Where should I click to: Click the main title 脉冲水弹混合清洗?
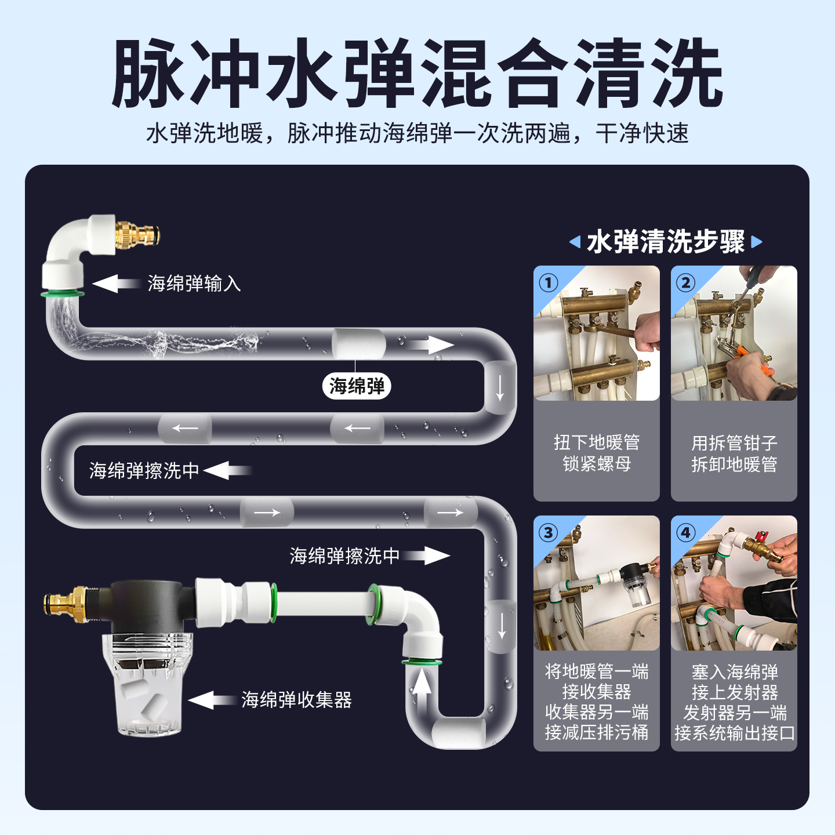417,74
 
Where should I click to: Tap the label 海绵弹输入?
194,284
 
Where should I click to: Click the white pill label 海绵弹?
357,386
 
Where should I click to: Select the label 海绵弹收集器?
296,700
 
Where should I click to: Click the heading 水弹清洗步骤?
666,241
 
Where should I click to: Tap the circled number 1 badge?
549,282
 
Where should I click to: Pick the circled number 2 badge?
685,282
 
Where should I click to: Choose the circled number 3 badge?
549,532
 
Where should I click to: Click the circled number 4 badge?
685,532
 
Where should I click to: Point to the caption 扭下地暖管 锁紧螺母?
596,453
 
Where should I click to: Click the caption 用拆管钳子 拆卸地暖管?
734,453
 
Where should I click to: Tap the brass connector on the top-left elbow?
137,235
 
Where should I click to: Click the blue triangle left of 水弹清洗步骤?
575,242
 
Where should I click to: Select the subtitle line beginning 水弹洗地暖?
417,133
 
